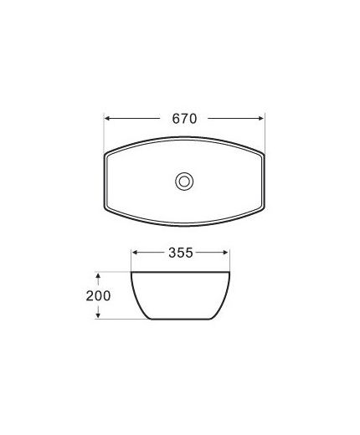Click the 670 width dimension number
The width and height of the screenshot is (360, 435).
184,119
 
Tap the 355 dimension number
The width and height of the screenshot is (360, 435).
181,253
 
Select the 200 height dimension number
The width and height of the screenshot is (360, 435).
98,296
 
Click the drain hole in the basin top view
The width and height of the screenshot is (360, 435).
184,182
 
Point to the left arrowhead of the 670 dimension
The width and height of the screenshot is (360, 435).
106,119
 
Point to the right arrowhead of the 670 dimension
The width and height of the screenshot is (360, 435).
261,119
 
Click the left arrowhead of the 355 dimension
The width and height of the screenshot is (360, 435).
135,253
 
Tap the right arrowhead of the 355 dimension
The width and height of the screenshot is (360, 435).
226,253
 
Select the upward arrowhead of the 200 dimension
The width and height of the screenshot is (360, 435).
98,276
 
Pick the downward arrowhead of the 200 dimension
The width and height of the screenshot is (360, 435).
98,315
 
